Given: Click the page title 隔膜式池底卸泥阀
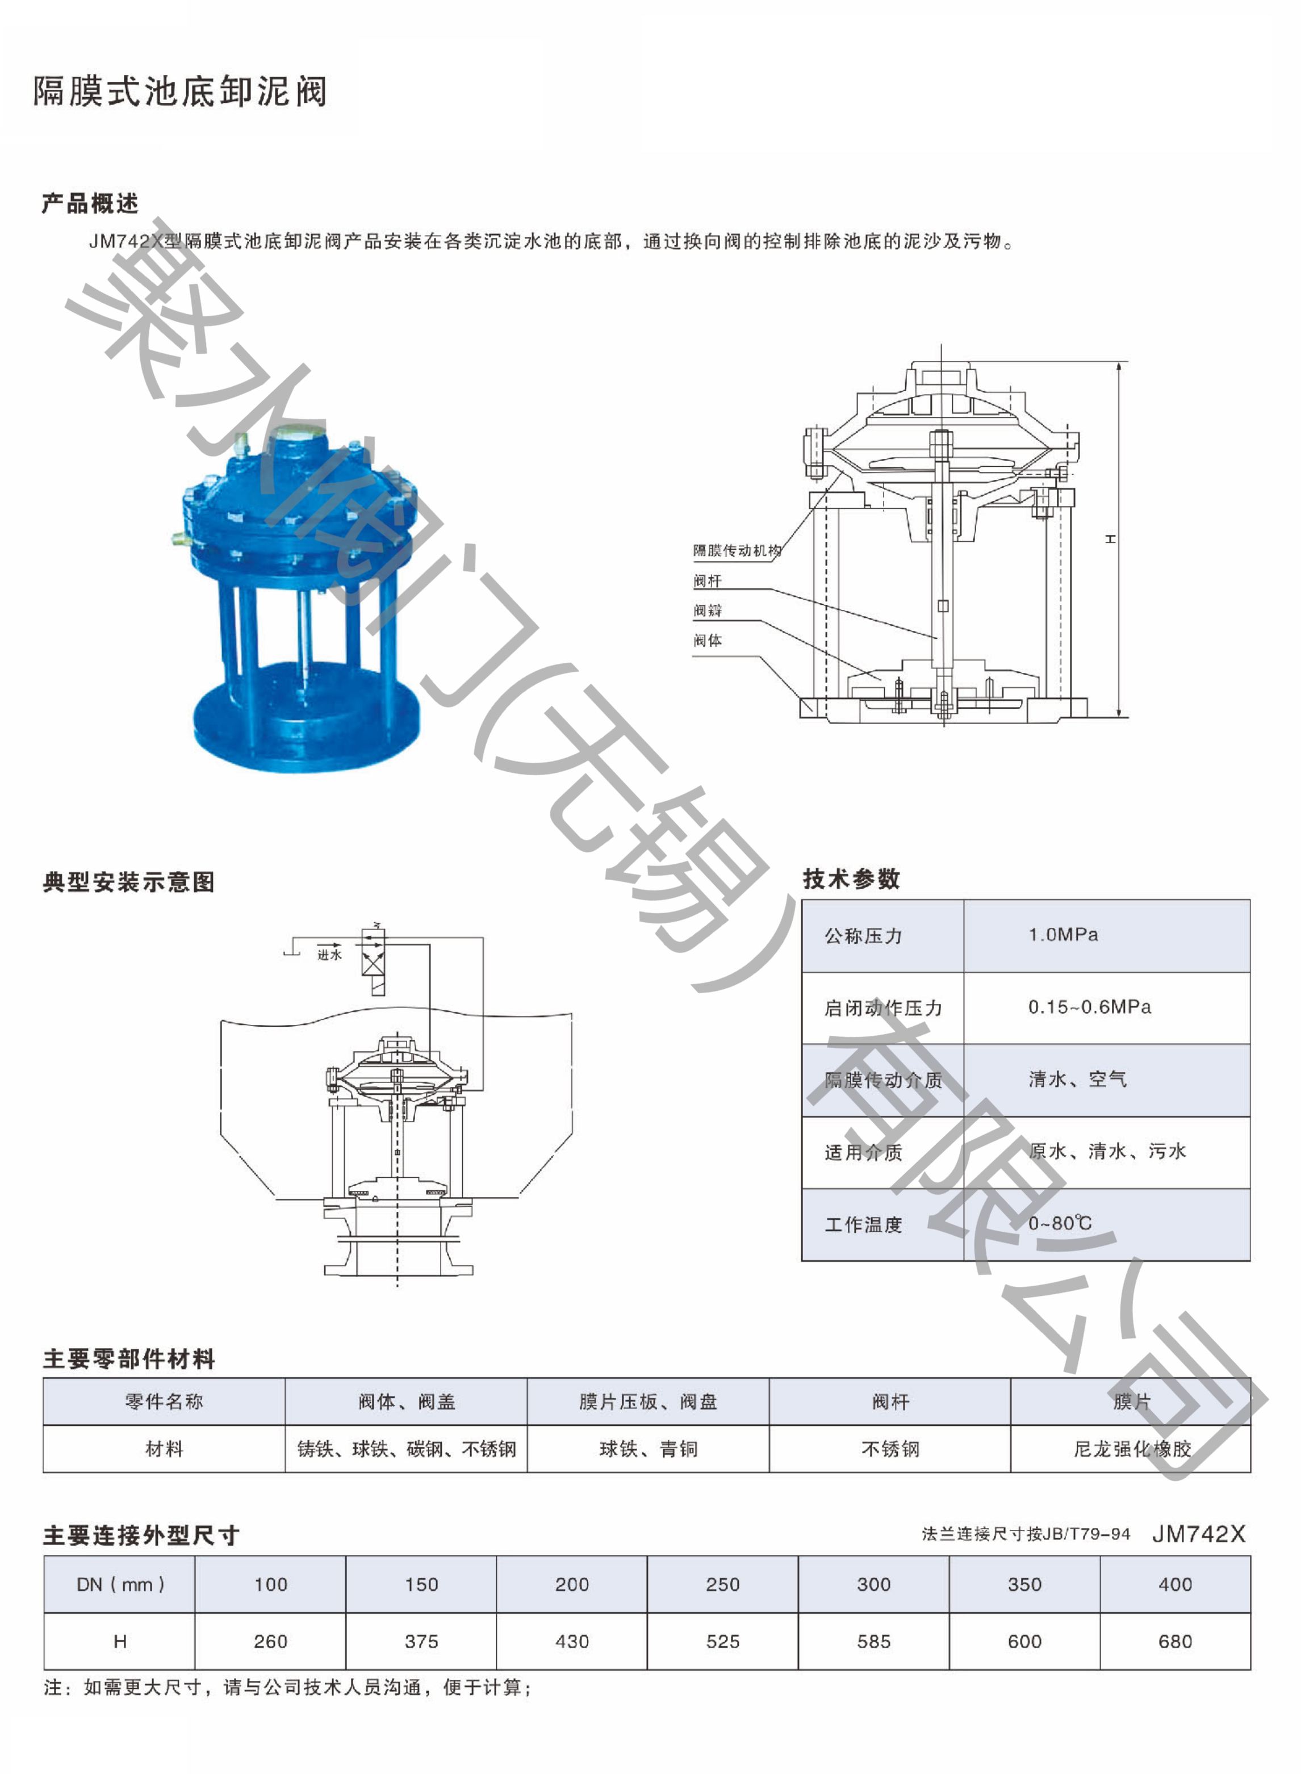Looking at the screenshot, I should (179, 91).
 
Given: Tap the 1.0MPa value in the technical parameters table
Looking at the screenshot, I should (1062, 935).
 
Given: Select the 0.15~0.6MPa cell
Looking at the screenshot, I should (1089, 1007).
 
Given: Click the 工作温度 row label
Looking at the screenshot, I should (863, 1224).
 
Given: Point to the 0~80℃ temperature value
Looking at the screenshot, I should (1060, 1223).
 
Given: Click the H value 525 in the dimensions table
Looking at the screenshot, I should (722, 1642).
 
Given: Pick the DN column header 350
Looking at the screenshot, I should (1024, 1584).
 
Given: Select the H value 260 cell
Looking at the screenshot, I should (270, 1642).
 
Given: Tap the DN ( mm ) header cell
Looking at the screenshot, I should (120, 1584).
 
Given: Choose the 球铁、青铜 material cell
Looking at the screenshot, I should (648, 1449).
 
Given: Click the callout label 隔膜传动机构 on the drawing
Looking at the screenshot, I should (737, 550).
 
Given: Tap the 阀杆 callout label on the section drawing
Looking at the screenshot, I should (707, 581).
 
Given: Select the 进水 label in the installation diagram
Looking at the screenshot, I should (329, 955).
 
